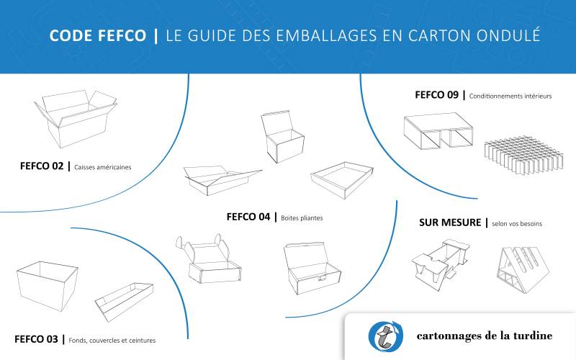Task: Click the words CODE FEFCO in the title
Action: click(x=98, y=36)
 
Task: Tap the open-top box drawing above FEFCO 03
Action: click(x=47, y=284)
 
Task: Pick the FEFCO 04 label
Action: click(x=248, y=216)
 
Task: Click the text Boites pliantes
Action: click(x=302, y=217)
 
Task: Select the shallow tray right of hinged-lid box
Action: click(x=342, y=179)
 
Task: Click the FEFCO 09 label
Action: click(x=437, y=94)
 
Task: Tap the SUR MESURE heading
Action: click(x=450, y=222)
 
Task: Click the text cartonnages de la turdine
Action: click(x=484, y=336)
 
